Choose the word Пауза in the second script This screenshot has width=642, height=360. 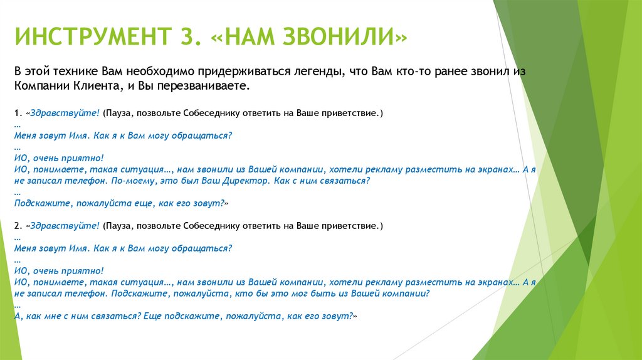[119, 225]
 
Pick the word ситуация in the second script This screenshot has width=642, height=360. [144, 282]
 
